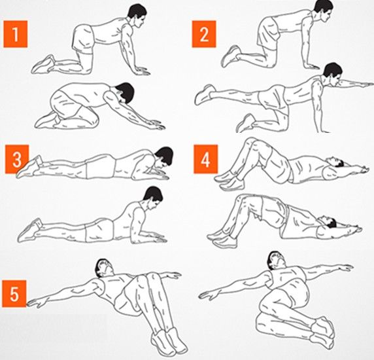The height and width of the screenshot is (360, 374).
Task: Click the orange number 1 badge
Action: (16, 34)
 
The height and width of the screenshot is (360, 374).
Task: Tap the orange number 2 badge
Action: (204, 34)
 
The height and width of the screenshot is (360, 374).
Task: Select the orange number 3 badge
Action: (17, 159)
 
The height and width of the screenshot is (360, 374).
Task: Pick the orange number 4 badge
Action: (205, 159)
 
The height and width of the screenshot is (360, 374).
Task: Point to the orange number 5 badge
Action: (14, 294)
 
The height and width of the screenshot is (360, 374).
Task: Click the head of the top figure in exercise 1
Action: (137, 16)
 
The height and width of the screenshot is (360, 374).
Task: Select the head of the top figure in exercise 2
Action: (324, 10)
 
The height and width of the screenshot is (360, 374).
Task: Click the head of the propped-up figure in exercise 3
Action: (153, 196)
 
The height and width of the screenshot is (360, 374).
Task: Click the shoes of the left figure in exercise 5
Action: (169, 340)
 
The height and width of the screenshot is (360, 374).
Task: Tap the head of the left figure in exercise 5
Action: (104, 267)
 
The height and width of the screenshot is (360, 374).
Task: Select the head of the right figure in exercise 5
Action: (277, 261)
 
